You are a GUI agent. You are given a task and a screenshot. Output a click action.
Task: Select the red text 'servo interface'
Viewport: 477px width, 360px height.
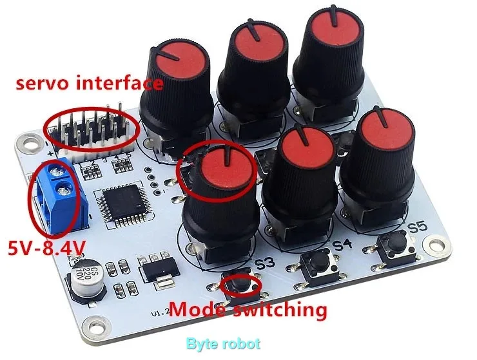[89, 83]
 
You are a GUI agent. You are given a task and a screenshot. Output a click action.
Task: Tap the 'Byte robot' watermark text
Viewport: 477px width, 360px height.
[223, 344]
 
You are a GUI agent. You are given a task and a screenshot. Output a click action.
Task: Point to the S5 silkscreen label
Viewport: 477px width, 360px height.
[417, 227]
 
